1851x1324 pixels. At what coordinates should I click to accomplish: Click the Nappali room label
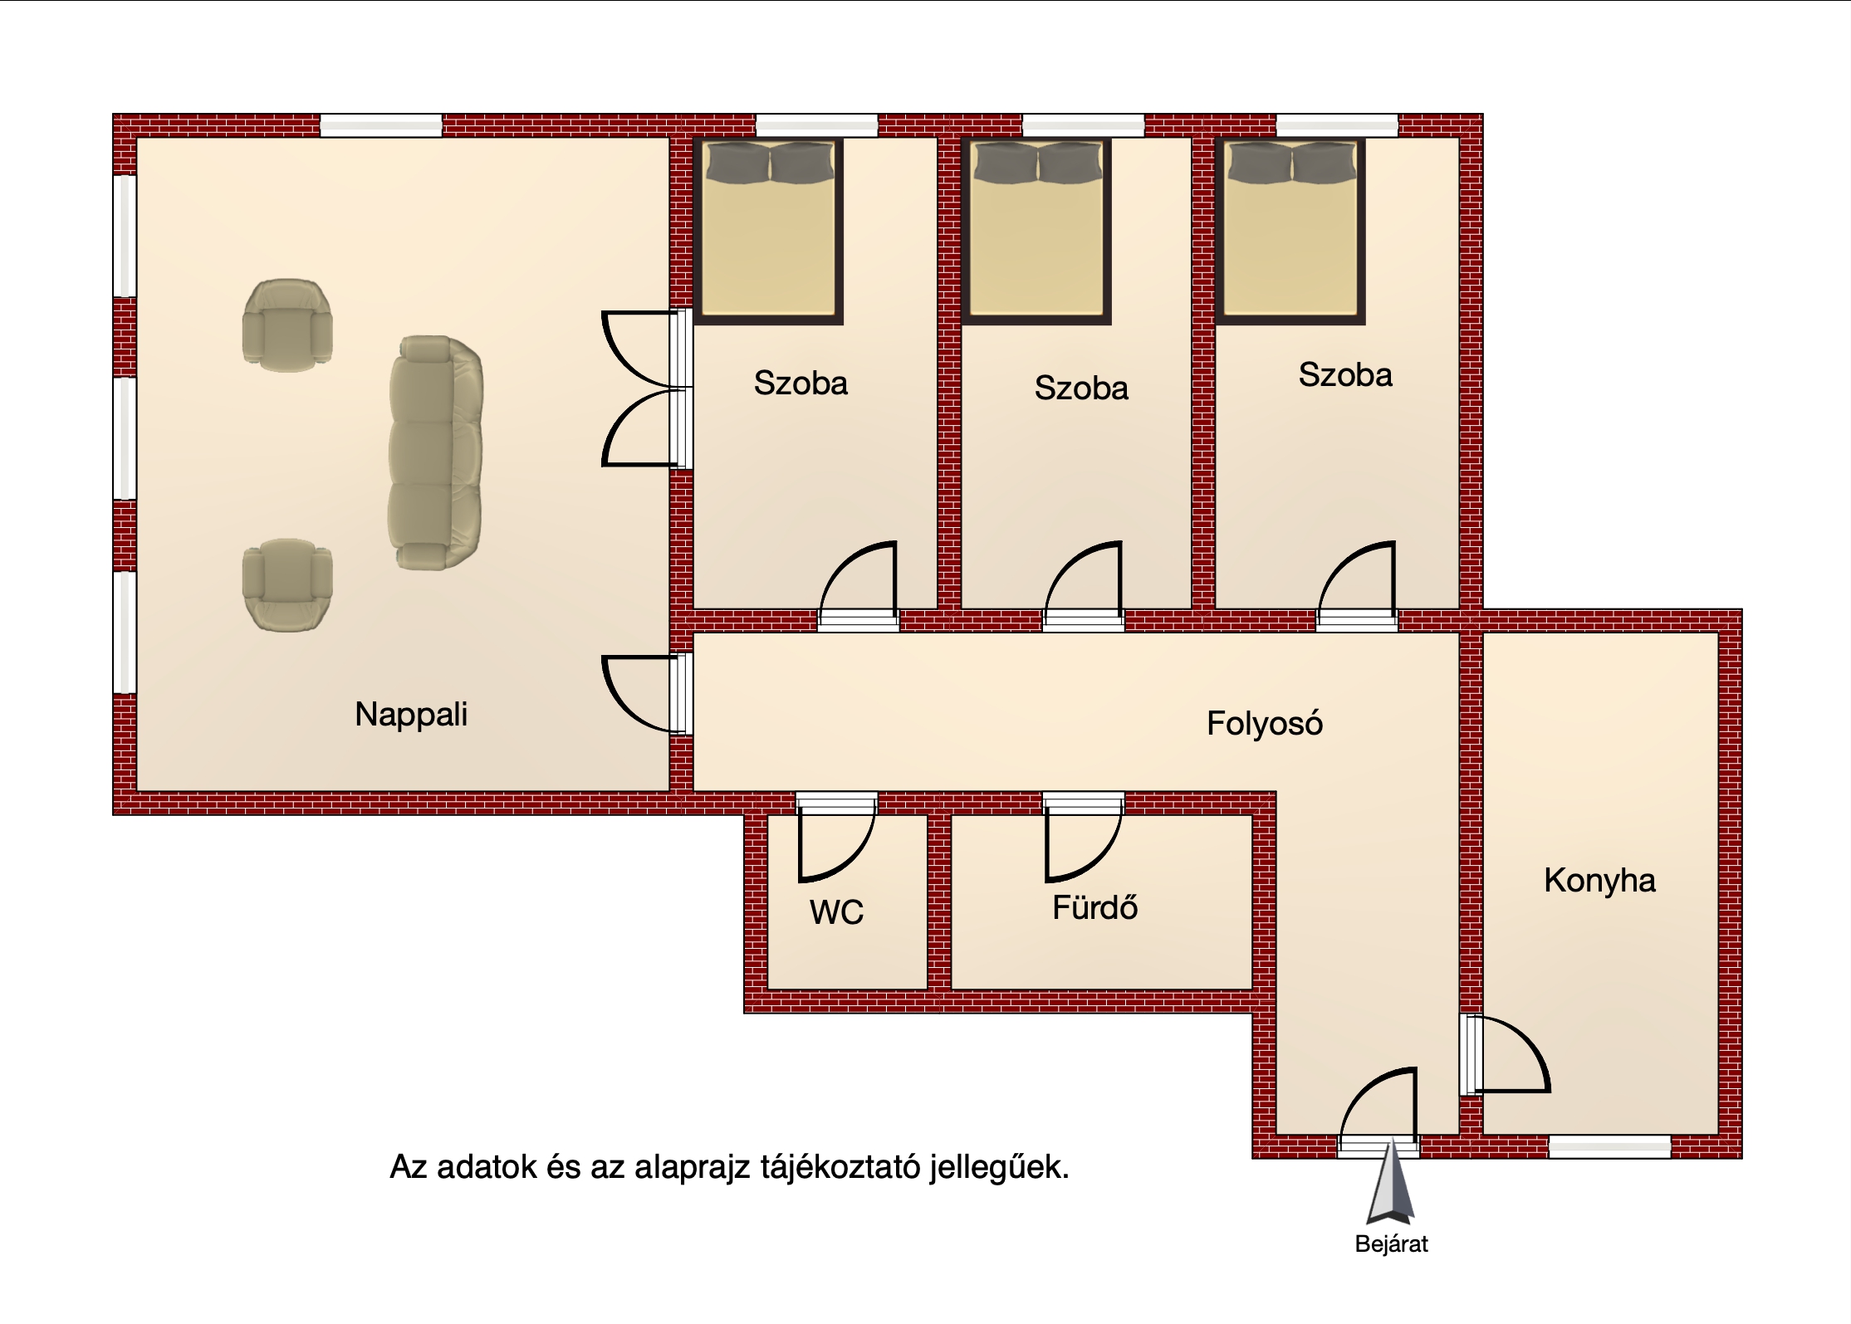[411, 715]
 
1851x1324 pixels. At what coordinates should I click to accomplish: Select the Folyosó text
[1264, 724]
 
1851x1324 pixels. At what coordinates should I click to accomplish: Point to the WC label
[836, 913]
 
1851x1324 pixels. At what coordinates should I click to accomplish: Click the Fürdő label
[1094, 907]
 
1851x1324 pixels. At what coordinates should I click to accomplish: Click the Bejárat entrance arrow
[1391, 1185]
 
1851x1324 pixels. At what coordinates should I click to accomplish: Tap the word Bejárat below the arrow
[1391, 1244]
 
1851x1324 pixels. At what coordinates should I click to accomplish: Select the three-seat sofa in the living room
[435, 452]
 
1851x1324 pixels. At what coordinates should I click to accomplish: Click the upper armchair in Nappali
[287, 325]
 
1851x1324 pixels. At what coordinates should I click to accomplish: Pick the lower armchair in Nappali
[287, 585]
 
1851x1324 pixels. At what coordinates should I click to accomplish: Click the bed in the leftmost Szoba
[769, 231]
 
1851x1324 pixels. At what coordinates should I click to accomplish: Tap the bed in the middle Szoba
[1037, 231]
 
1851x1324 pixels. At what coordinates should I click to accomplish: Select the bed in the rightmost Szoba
[1291, 231]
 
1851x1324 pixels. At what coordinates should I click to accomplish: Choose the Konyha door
[1505, 1054]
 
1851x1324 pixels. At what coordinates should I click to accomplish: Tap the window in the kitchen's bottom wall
[1609, 1146]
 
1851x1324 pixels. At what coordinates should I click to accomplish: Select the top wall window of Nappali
[381, 125]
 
